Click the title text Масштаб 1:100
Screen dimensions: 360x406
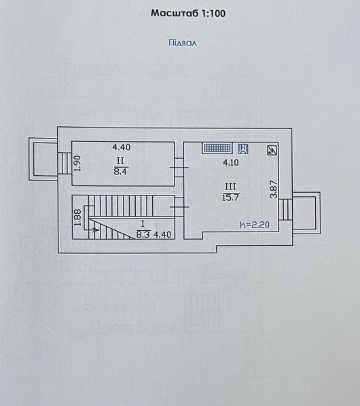(188, 13)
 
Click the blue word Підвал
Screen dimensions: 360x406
(183, 43)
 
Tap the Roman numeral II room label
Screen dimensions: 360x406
(120, 161)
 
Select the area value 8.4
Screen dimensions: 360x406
(120, 171)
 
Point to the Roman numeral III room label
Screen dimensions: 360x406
(230, 187)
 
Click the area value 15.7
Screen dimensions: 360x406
(230, 198)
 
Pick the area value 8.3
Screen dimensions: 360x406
(143, 235)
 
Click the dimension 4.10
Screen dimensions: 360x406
(231, 163)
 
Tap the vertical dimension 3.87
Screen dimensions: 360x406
(274, 189)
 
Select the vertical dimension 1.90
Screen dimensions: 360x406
(77, 164)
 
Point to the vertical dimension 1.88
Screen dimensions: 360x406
(77, 217)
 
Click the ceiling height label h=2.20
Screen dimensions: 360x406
(255, 225)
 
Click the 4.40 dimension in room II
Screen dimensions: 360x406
(122, 147)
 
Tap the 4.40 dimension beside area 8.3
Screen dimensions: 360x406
(162, 235)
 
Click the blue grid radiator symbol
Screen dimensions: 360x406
(217, 148)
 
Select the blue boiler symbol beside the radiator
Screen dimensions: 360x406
(243, 149)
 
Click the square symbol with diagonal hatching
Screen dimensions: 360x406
(272, 151)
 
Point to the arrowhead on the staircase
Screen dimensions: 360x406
(97, 229)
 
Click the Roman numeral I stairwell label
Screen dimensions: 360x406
(143, 224)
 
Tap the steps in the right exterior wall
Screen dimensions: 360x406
(285, 209)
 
